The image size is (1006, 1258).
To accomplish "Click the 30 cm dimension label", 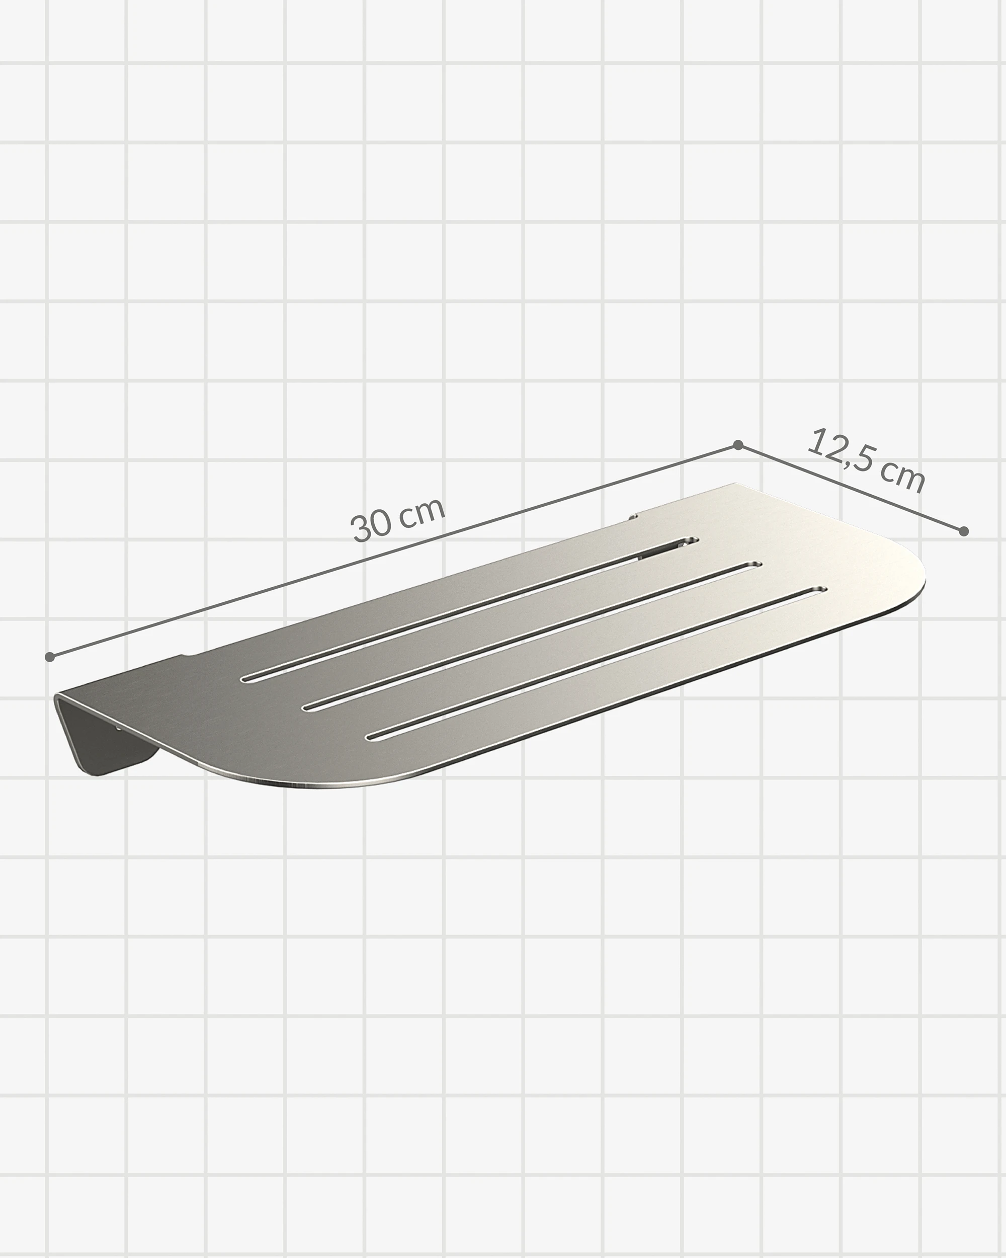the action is pyautogui.click(x=398, y=519).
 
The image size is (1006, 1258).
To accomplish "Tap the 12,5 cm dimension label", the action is pyautogui.click(x=867, y=460).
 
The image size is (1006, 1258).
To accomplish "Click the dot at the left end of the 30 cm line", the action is pyautogui.click(x=50, y=657).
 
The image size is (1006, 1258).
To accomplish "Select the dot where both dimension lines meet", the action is pyautogui.click(x=738, y=445).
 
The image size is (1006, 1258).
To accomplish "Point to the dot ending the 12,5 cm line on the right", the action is pyautogui.click(x=964, y=531).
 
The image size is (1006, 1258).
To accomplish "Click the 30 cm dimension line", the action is pyautogui.click(x=394, y=552).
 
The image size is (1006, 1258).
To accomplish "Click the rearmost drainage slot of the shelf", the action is pyautogui.click(x=469, y=610).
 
